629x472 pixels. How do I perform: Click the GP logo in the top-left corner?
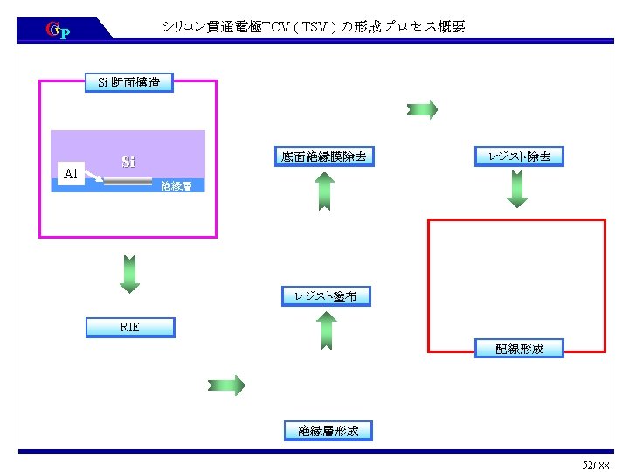click(x=57, y=31)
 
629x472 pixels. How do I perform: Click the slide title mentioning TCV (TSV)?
click(x=314, y=27)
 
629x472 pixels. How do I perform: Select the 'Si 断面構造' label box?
click(x=129, y=83)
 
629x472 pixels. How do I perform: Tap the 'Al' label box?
click(x=71, y=174)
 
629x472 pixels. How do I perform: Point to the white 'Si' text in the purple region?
click(x=128, y=162)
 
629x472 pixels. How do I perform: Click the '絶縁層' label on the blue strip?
click(x=176, y=185)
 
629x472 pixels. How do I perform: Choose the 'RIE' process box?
click(x=129, y=327)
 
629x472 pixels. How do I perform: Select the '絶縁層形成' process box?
click(x=328, y=430)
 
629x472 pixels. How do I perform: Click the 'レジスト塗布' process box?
click(x=326, y=296)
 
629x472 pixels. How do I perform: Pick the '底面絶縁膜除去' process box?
click(x=323, y=157)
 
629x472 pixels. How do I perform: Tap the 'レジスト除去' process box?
click(x=519, y=156)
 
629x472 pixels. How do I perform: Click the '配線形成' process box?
click(x=519, y=349)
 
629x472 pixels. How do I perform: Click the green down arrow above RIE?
click(x=129, y=273)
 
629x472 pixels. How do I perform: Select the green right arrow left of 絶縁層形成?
click(x=226, y=385)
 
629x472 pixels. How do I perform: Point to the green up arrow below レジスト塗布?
click(x=325, y=330)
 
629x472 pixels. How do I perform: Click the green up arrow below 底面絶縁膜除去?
click(x=323, y=191)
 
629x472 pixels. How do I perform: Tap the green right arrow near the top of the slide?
click(x=422, y=109)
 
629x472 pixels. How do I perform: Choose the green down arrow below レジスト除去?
click(x=518, y=188)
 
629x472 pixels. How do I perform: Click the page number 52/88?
click(x=596, y=462)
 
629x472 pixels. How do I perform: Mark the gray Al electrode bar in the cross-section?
click(x=128, y=182)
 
